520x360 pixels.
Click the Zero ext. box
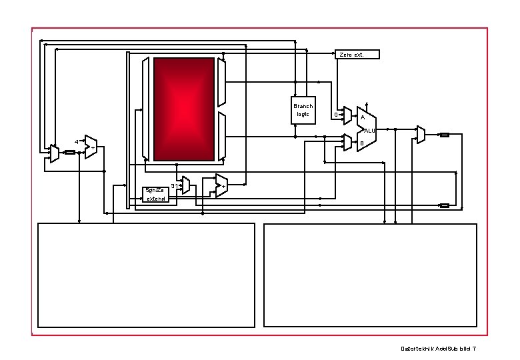pyautogui.click(x=357, y=54)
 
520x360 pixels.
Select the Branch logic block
pyautogui.click(x=303, y=110)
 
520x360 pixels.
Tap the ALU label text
pyautogui.click(x=370, y=130)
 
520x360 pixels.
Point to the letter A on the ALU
pyautogui.click(x=362, y=118)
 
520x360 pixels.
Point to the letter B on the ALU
pyautogui.click(x=362, y=143)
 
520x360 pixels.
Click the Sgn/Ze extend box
pyautogui.click(x=155, y=194)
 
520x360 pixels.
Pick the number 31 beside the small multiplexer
pyautogui.click(x=174, y=185)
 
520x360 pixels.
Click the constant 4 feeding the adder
pyautogui.click(x=77, y=142)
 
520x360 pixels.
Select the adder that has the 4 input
pyautogui.click(x=91, y=147)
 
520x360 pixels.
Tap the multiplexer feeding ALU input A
pyautogui.click(x=347, y=117)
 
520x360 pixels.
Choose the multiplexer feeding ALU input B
pyautogui.click(x=347, y=142)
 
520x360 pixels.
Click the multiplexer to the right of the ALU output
pyautogui.click(x=421, y=135)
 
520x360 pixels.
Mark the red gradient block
pyautogui.click(x=184, y=109)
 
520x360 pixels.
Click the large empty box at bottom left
pyautogui.click(x=146, y=275)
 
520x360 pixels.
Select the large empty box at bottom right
pyautogui.click(x=370, y=275)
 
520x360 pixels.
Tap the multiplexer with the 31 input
pyautogui.click(x=186, y=185)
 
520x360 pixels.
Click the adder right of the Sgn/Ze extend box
pyautogui.click(x=221, y=185)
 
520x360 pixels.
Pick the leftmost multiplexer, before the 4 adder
pyautogui.click(x=55, y=153)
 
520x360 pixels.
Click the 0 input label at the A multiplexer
pyautogui.click(x=335, y=115)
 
